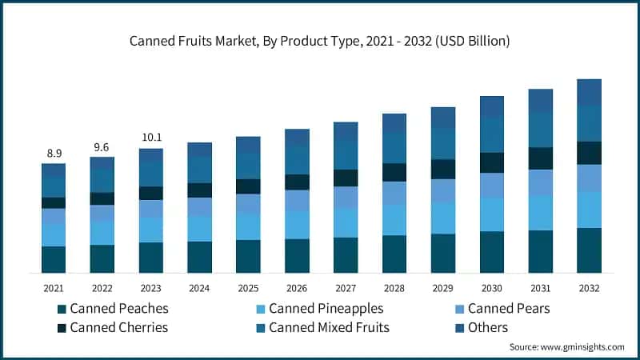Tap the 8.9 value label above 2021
coord(54,152)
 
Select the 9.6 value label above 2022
coord(102,146)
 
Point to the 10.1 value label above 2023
coord(150,136)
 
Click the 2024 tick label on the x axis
coord(199,288)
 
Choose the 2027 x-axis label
coord(346,288)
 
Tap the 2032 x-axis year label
coord(589,288)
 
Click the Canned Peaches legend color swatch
coord(61,309)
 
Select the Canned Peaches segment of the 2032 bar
coord(589,250)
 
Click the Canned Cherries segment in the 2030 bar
coord(492,162)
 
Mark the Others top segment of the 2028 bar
coord(394,122)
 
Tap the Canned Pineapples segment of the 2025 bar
coord(248,226)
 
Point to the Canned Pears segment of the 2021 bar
coord(54,217)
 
